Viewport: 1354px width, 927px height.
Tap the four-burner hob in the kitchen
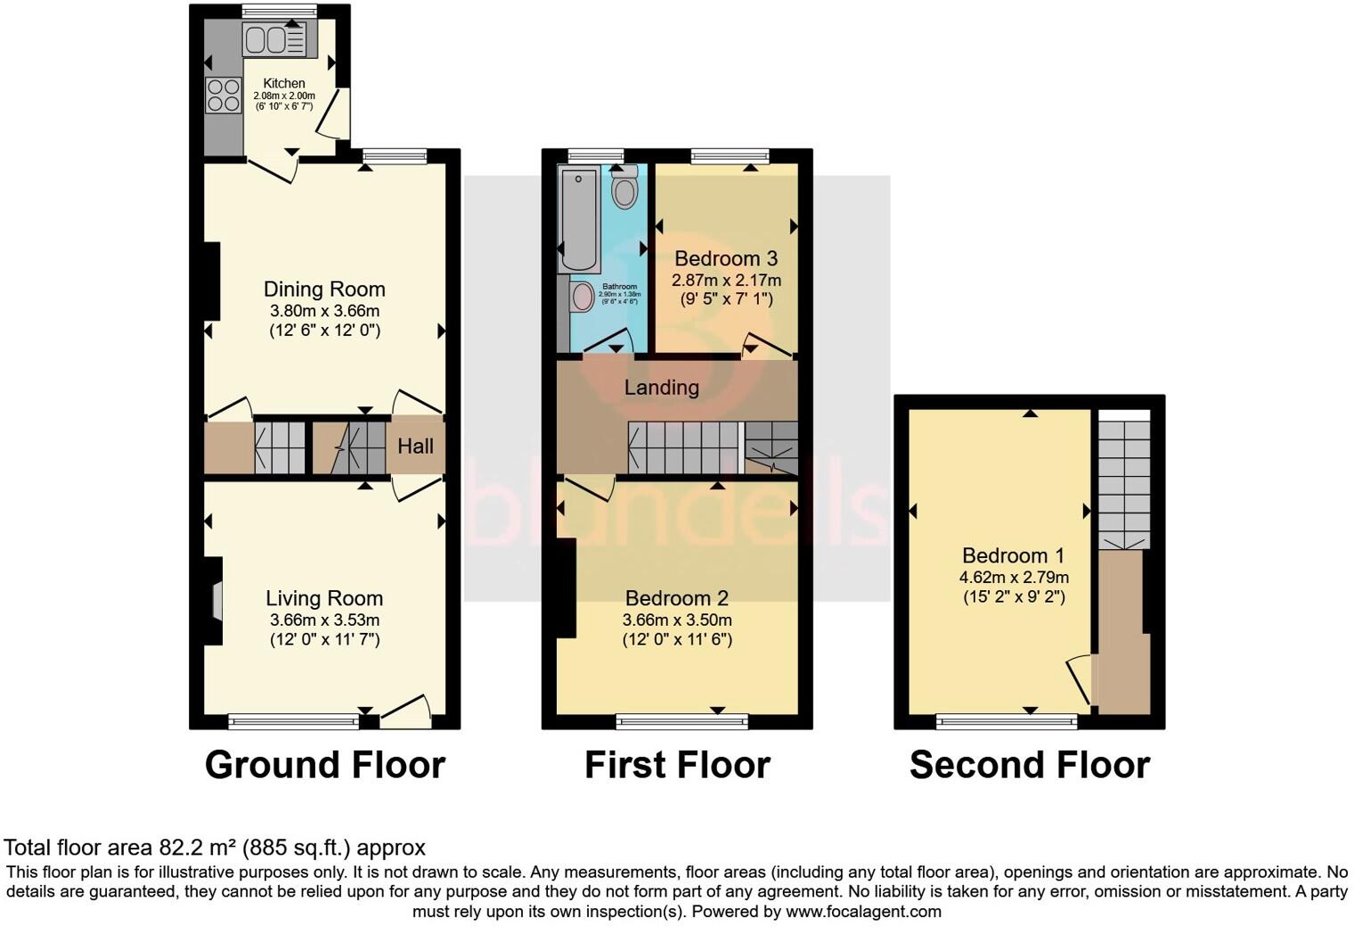(224, 95)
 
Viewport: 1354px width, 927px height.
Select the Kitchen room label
(284, 84)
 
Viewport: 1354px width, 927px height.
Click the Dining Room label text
(324, 289)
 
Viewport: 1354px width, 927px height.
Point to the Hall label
(415, 446)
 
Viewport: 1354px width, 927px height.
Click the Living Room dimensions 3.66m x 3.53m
(324, 620)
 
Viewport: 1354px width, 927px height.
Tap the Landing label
(661, 388)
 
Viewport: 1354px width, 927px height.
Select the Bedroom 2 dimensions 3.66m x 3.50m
(677, 620)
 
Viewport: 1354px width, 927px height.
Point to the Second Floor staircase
(1124, 481)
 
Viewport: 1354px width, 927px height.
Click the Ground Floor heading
(324, 766)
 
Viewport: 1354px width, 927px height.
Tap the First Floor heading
(677, 766)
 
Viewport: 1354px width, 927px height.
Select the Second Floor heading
(1030, 766)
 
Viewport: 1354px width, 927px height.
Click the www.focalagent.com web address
(863, 912)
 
